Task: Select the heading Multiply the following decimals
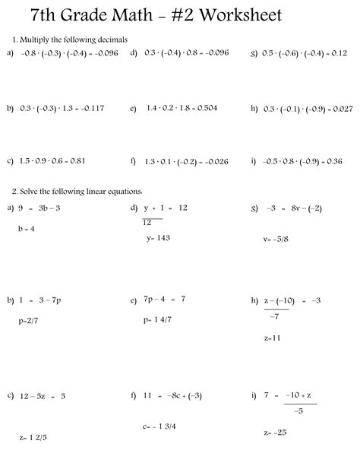74,39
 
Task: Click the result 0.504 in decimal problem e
201,109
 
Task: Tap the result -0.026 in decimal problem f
213,161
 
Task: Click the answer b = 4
27,228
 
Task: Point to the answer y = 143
158,238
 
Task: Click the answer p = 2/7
29,321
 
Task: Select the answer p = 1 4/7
157,321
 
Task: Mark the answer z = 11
273,337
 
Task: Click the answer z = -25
274,433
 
